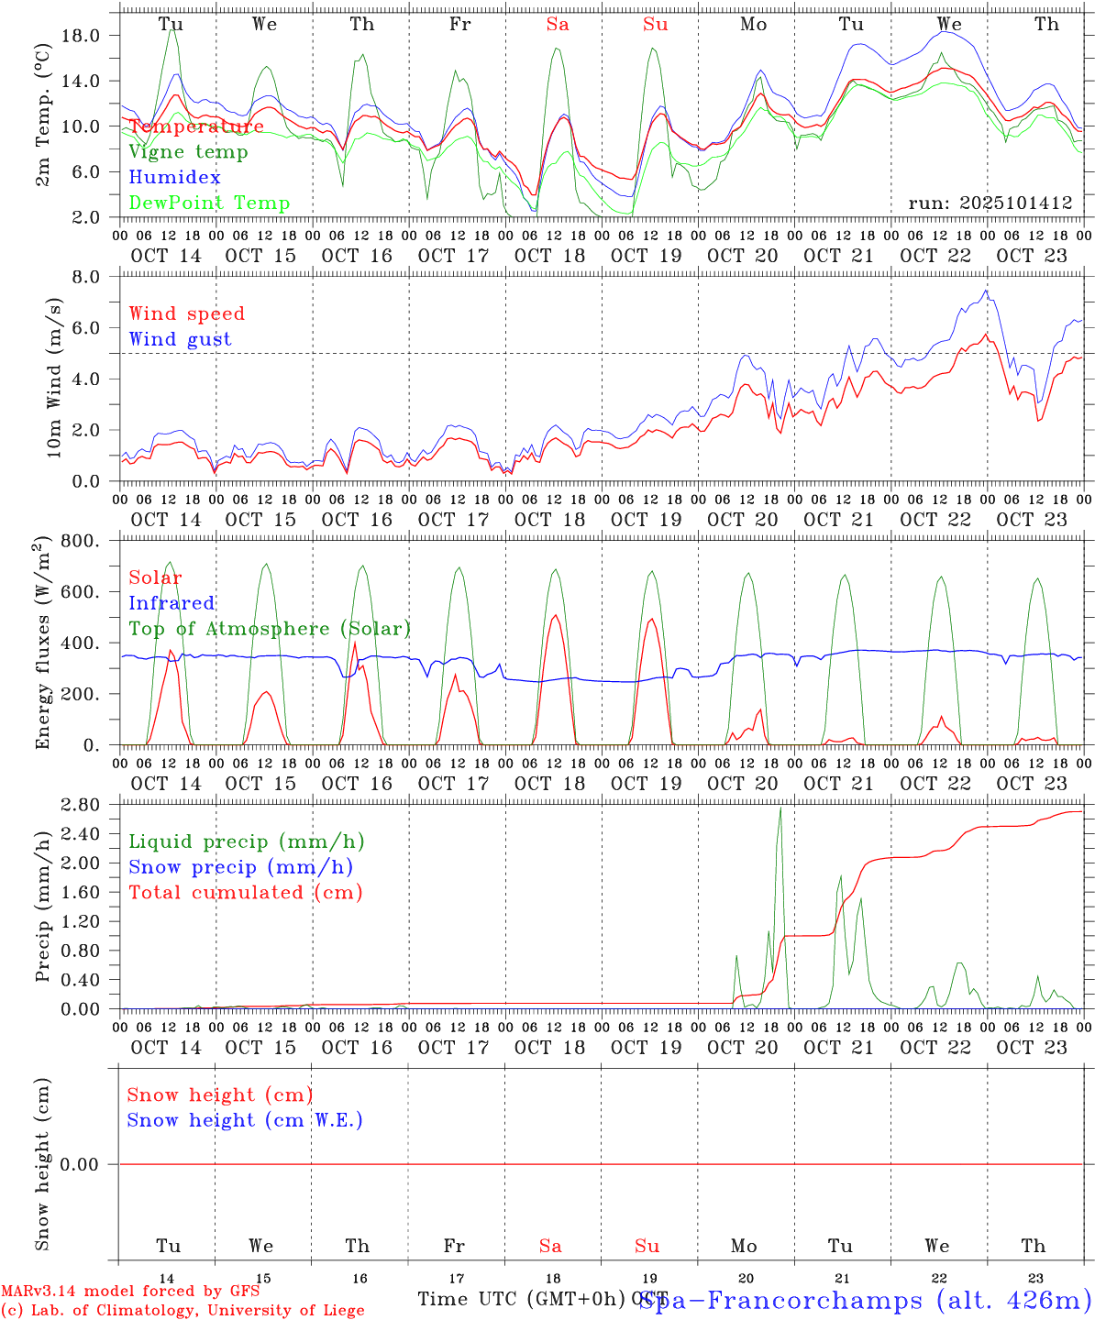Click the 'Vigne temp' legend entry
click(x=188, y=152)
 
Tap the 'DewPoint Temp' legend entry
click(x=209, y=203)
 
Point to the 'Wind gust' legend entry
click(x=180, y=339)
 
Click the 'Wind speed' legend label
click(x=187, y=313)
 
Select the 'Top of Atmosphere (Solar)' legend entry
click(x=270, y=629)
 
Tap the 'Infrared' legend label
click(x=171, y=603)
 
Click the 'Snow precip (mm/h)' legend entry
click(x=240, y=867)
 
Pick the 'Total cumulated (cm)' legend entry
click(x=245, y=893)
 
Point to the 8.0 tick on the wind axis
click(x=88, y=277)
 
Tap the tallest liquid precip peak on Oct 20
click(x=780, y=808)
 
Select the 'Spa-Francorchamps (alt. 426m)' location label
click(x=865, y=1300)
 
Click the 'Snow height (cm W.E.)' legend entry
click(x=245, y=1120)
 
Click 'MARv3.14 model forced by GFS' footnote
click(x=129, y=1292)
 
